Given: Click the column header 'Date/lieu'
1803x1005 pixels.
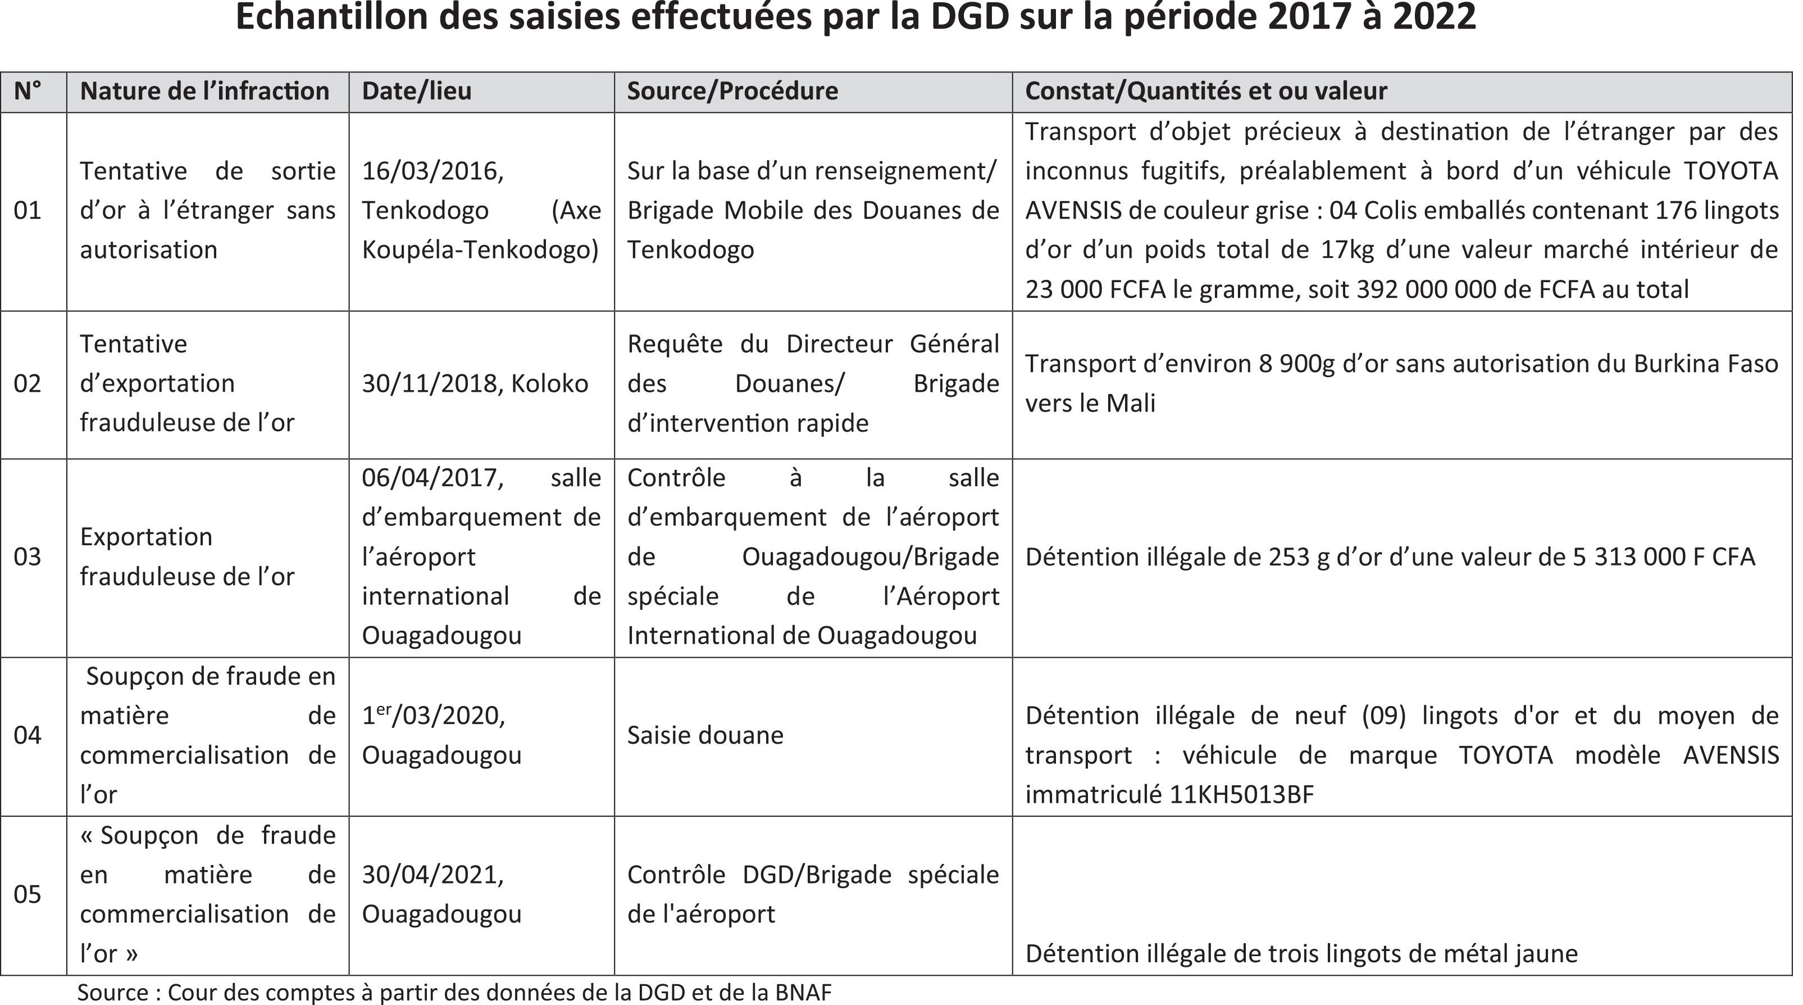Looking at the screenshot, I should click(416, 91).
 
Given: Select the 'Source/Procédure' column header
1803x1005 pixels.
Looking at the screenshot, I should click(732, 91).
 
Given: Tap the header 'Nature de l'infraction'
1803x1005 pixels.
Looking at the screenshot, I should click(204, 91).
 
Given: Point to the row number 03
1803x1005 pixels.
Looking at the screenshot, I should click(28, 557).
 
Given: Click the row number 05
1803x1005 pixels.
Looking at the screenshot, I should click(28, 894).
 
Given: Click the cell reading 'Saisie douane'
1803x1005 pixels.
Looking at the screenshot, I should click(705, 735).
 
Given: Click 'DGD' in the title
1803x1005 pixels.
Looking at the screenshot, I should click(969, 17).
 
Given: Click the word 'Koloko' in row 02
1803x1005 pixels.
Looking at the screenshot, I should click(549, 384).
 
